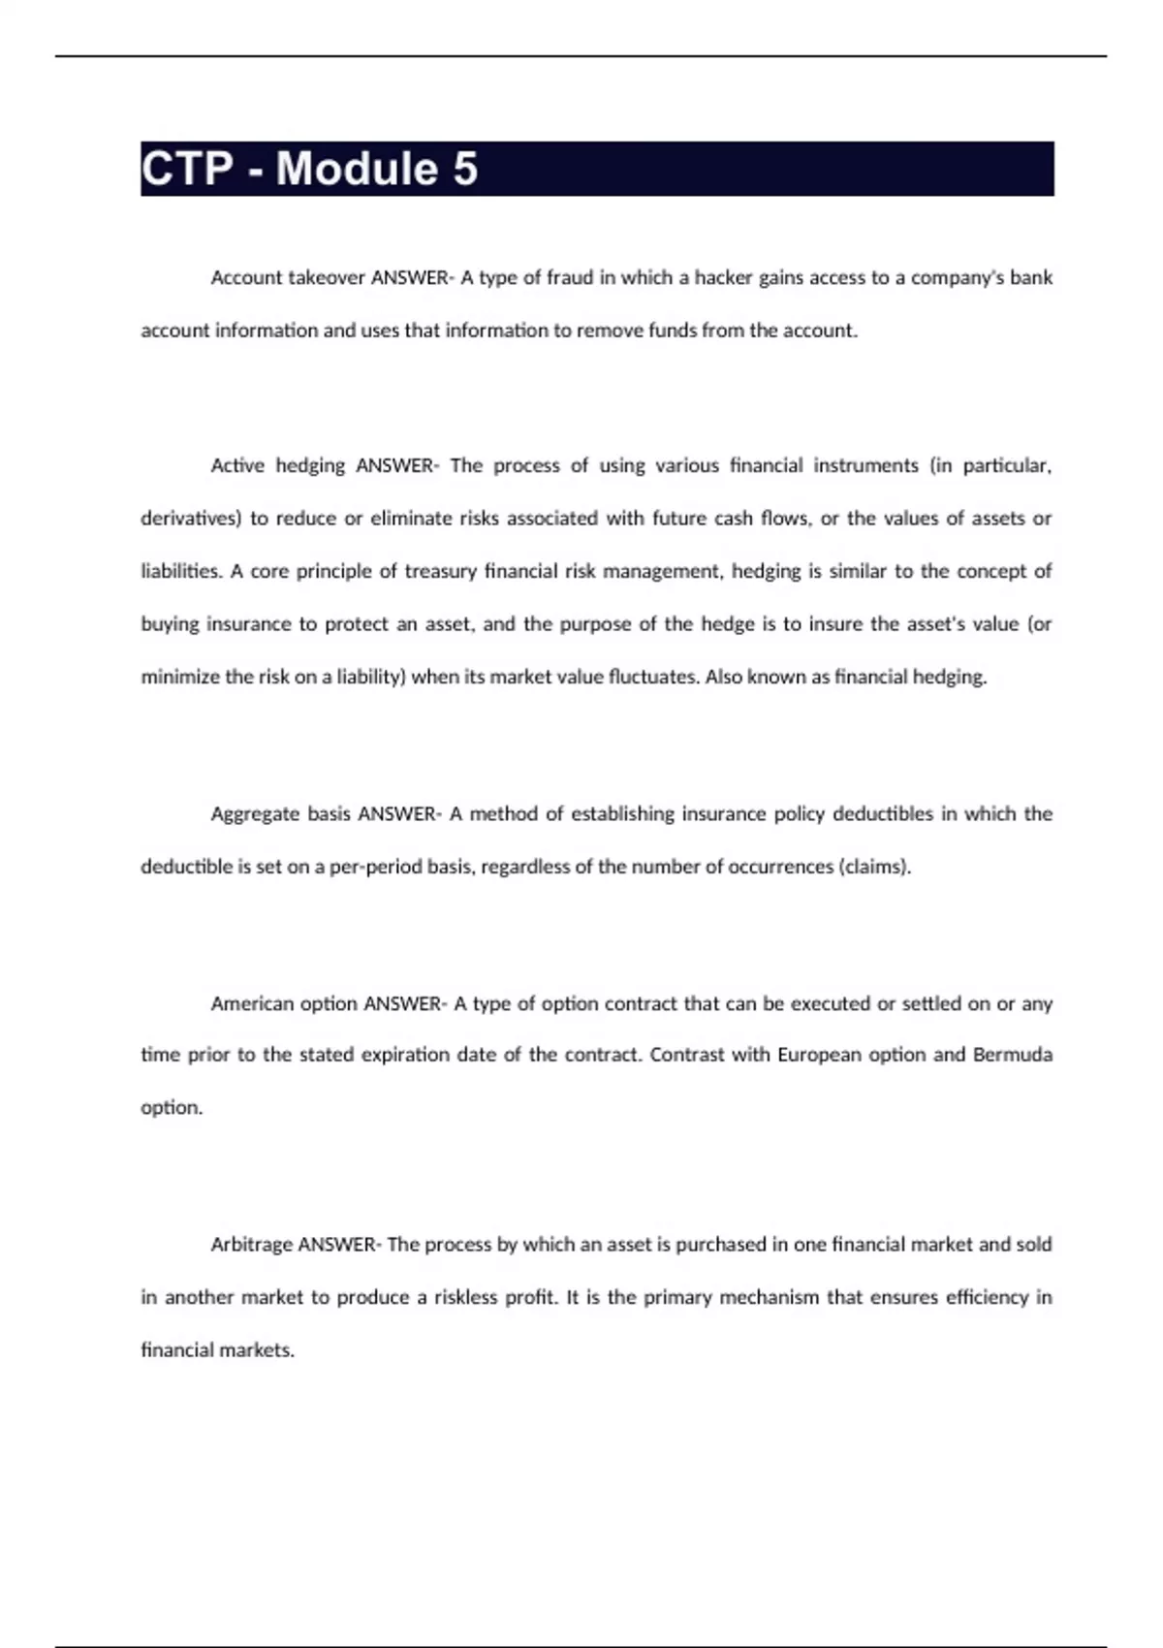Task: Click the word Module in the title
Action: click(356, 169)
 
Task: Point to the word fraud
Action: click(570, 278)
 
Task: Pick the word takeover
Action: click(327, 278)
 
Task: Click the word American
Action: click(252, 1004)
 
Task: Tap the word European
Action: click(820, 1055)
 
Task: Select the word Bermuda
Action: click(1013, 1055)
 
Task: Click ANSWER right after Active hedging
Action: click(396, 466)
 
